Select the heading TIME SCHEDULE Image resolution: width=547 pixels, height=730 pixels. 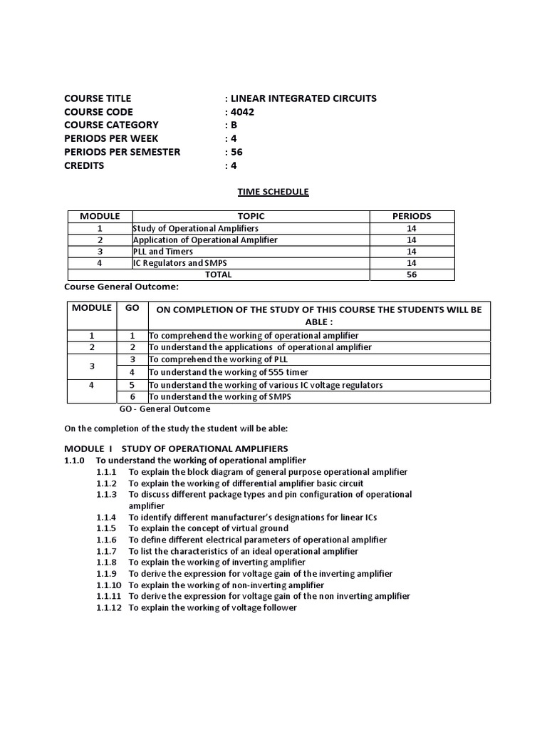[x=273, y=192]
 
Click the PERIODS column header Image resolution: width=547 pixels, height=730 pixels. [x=412, y=216]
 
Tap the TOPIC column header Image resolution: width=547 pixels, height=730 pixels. [x=251, y=216]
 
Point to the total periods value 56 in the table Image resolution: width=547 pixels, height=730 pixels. [x=412, y=274]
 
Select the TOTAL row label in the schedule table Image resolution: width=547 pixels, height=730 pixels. [x=218, y=274]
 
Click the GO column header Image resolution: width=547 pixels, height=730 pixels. [x=132, y=308]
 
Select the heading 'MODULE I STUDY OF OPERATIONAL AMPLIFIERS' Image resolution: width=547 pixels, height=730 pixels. [x=176, y=448]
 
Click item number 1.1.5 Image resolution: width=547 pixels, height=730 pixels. [x=108, y=528]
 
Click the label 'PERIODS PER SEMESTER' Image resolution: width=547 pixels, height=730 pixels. [x=122, y=152]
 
